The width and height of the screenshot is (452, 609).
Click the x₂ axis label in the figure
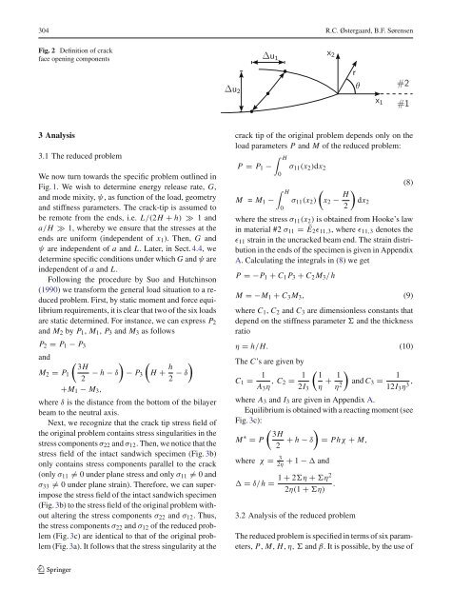pos(330,41)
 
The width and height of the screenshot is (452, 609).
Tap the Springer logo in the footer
pos(46,596)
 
